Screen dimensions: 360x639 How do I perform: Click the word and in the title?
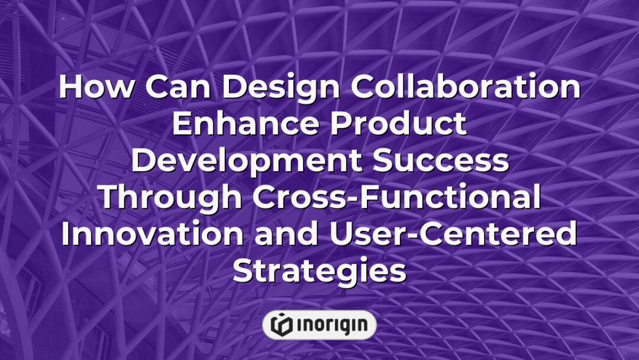290,235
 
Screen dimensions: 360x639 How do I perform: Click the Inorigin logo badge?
319,324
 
